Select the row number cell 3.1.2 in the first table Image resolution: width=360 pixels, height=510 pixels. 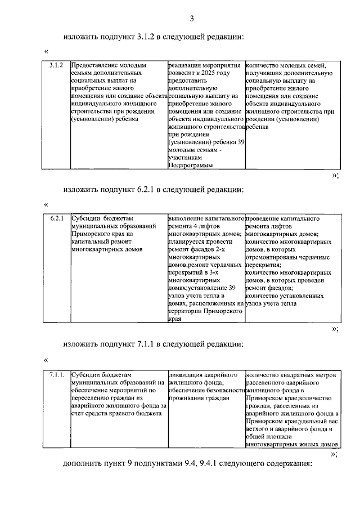point(55,66)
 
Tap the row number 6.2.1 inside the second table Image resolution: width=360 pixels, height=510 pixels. point(56,218)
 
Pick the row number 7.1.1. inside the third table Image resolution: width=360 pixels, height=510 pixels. point(57,374)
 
